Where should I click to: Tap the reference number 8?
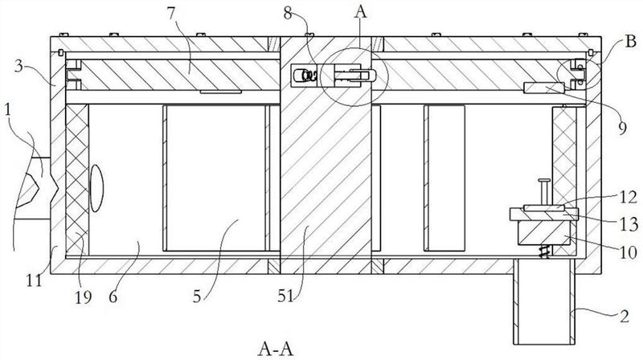[289, 14]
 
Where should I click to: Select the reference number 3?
[19, 67]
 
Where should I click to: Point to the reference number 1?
[8, 110]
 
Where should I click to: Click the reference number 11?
[35, 280]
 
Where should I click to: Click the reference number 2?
[624, 316]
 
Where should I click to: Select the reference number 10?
[628, 252]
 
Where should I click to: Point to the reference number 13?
[629, 224]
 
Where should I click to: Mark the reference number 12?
[629, 198]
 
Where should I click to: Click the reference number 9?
[622, 129]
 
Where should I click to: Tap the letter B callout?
[630, 42]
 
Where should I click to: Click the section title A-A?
[276, 349]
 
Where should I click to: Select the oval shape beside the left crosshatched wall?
[96, 188]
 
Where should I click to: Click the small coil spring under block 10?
[544, 252]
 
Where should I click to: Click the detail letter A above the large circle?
[361, 12]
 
